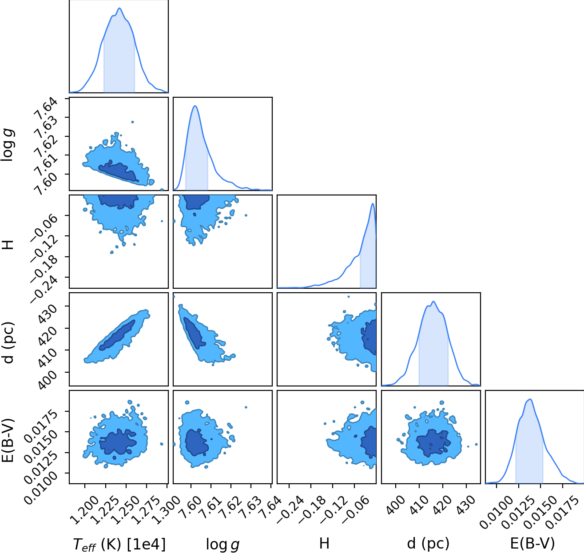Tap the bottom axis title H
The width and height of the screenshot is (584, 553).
pos(324,544)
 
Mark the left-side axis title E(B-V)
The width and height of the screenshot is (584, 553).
pos(8,441)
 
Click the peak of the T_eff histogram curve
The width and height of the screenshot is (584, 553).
pos(119,8)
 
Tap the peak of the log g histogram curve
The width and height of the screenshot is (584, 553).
pos(195,106)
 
